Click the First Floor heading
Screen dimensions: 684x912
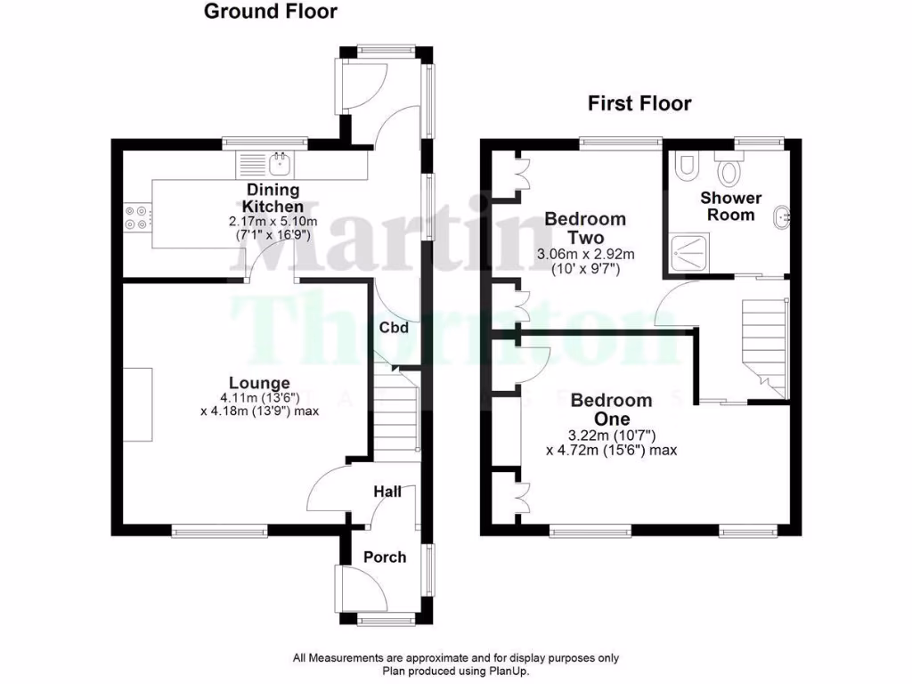point(639,103)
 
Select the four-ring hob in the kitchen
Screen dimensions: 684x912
point(137,217)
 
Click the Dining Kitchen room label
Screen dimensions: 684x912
point(273,198)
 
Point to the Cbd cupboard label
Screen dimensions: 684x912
point(394,328)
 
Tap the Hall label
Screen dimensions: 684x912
point(387,491)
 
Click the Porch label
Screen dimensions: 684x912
point(385,557)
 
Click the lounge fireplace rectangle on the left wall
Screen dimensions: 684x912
point(137,403)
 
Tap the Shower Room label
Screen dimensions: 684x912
point(730,206)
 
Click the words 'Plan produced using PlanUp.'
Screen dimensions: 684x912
point(455,671)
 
